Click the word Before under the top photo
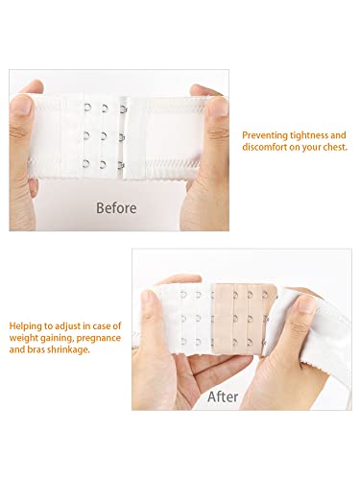(x=114, y=207)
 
